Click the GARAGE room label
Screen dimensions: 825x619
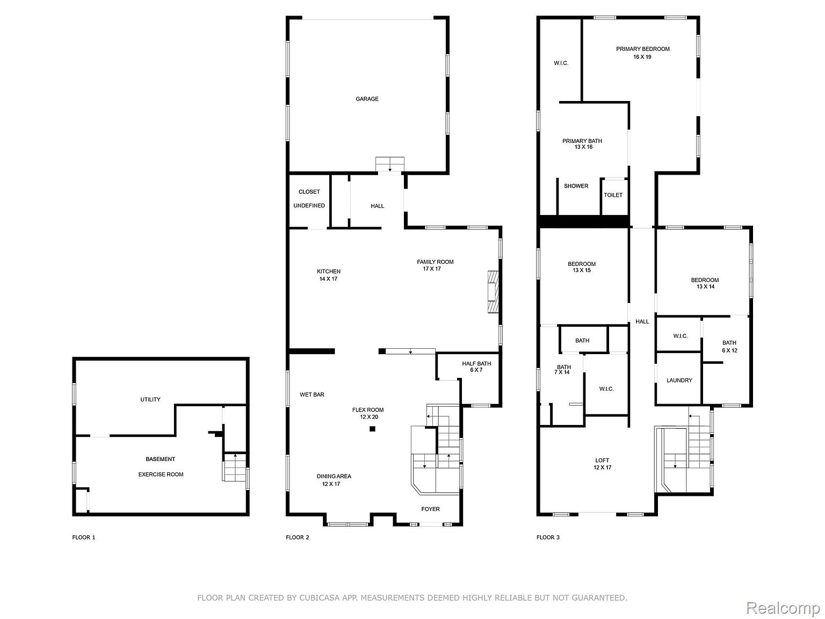[367, 99]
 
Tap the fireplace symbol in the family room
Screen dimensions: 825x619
[493, 291]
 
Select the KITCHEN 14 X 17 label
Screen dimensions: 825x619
[329, 275]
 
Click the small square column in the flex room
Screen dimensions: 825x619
[372, 428]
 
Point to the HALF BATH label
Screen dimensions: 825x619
[476, 363]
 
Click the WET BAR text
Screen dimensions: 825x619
[312, 394]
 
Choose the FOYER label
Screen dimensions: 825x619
[430, 509]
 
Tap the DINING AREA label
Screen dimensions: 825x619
[334, 476]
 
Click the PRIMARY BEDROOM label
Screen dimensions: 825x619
[642, 49]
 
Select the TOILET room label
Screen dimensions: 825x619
[613, 195]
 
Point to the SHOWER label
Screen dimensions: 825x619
[576, 186]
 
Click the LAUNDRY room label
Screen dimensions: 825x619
[679, 380]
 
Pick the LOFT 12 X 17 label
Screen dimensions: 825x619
[602, 464]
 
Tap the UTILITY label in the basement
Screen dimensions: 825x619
[150, 400]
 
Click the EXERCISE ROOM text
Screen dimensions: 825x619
[161, 474]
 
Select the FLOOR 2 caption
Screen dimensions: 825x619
[298, 537]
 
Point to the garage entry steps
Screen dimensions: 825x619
[390, 164]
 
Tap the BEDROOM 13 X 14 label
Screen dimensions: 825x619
[705, 283]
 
